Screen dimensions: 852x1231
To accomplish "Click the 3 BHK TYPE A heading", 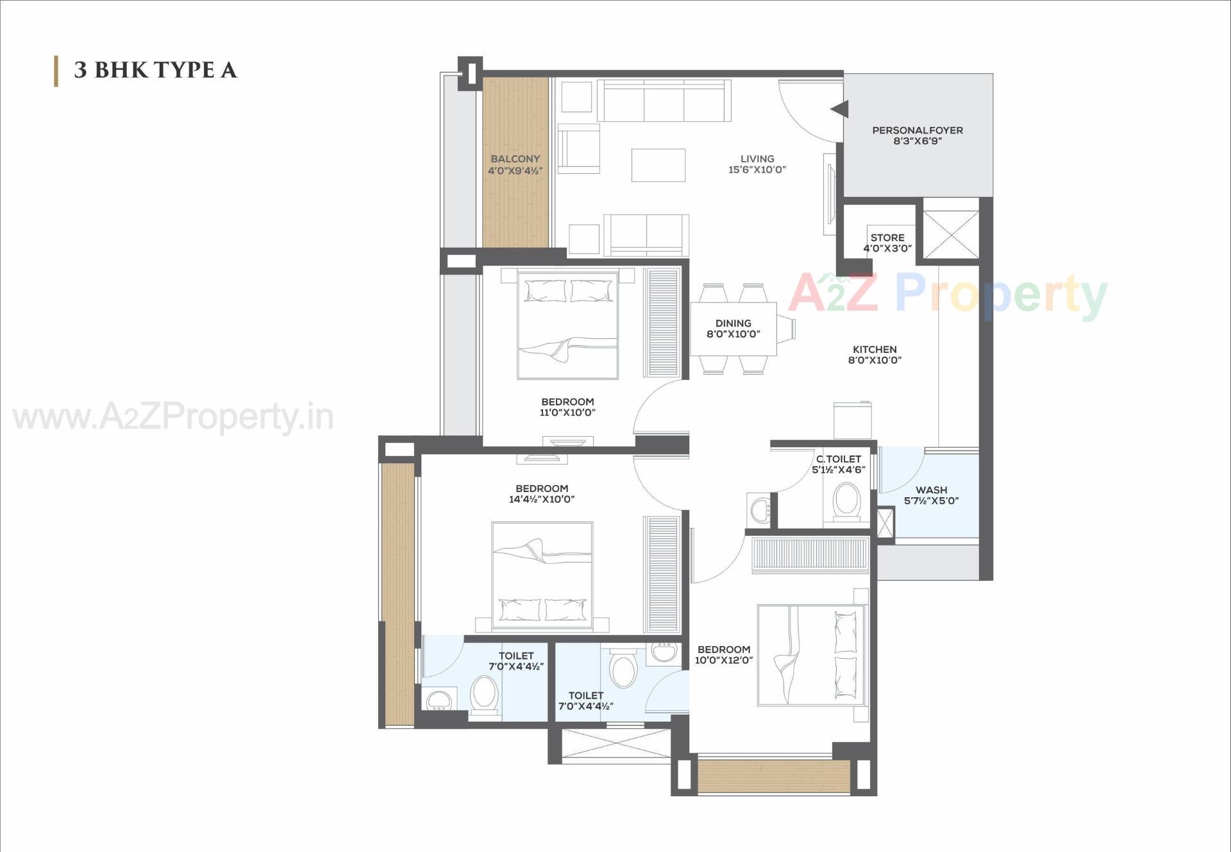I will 155,70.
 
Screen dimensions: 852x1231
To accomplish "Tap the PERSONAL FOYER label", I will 917,130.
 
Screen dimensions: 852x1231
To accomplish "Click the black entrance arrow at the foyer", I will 840,109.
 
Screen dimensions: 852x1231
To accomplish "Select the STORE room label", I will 887,237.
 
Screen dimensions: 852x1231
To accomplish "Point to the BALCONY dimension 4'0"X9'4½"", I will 515,171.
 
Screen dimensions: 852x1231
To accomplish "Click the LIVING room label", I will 757,158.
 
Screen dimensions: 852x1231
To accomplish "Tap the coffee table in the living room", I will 658,165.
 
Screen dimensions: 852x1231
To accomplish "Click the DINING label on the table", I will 733,323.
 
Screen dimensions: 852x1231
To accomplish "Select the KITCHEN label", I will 875,350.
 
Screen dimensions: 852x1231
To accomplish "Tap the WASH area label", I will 931,490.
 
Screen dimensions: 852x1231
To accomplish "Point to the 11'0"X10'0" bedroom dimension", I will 567,413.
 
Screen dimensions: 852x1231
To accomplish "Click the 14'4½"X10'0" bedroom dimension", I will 542,499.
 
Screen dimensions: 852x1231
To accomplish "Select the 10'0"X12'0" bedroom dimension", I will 724,660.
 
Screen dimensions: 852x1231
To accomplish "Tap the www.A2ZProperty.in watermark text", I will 173,418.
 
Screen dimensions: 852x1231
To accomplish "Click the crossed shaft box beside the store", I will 951,235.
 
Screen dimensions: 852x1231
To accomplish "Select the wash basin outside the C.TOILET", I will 760,510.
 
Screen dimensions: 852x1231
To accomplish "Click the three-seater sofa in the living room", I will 664,101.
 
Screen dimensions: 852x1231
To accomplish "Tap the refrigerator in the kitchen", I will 852,420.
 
